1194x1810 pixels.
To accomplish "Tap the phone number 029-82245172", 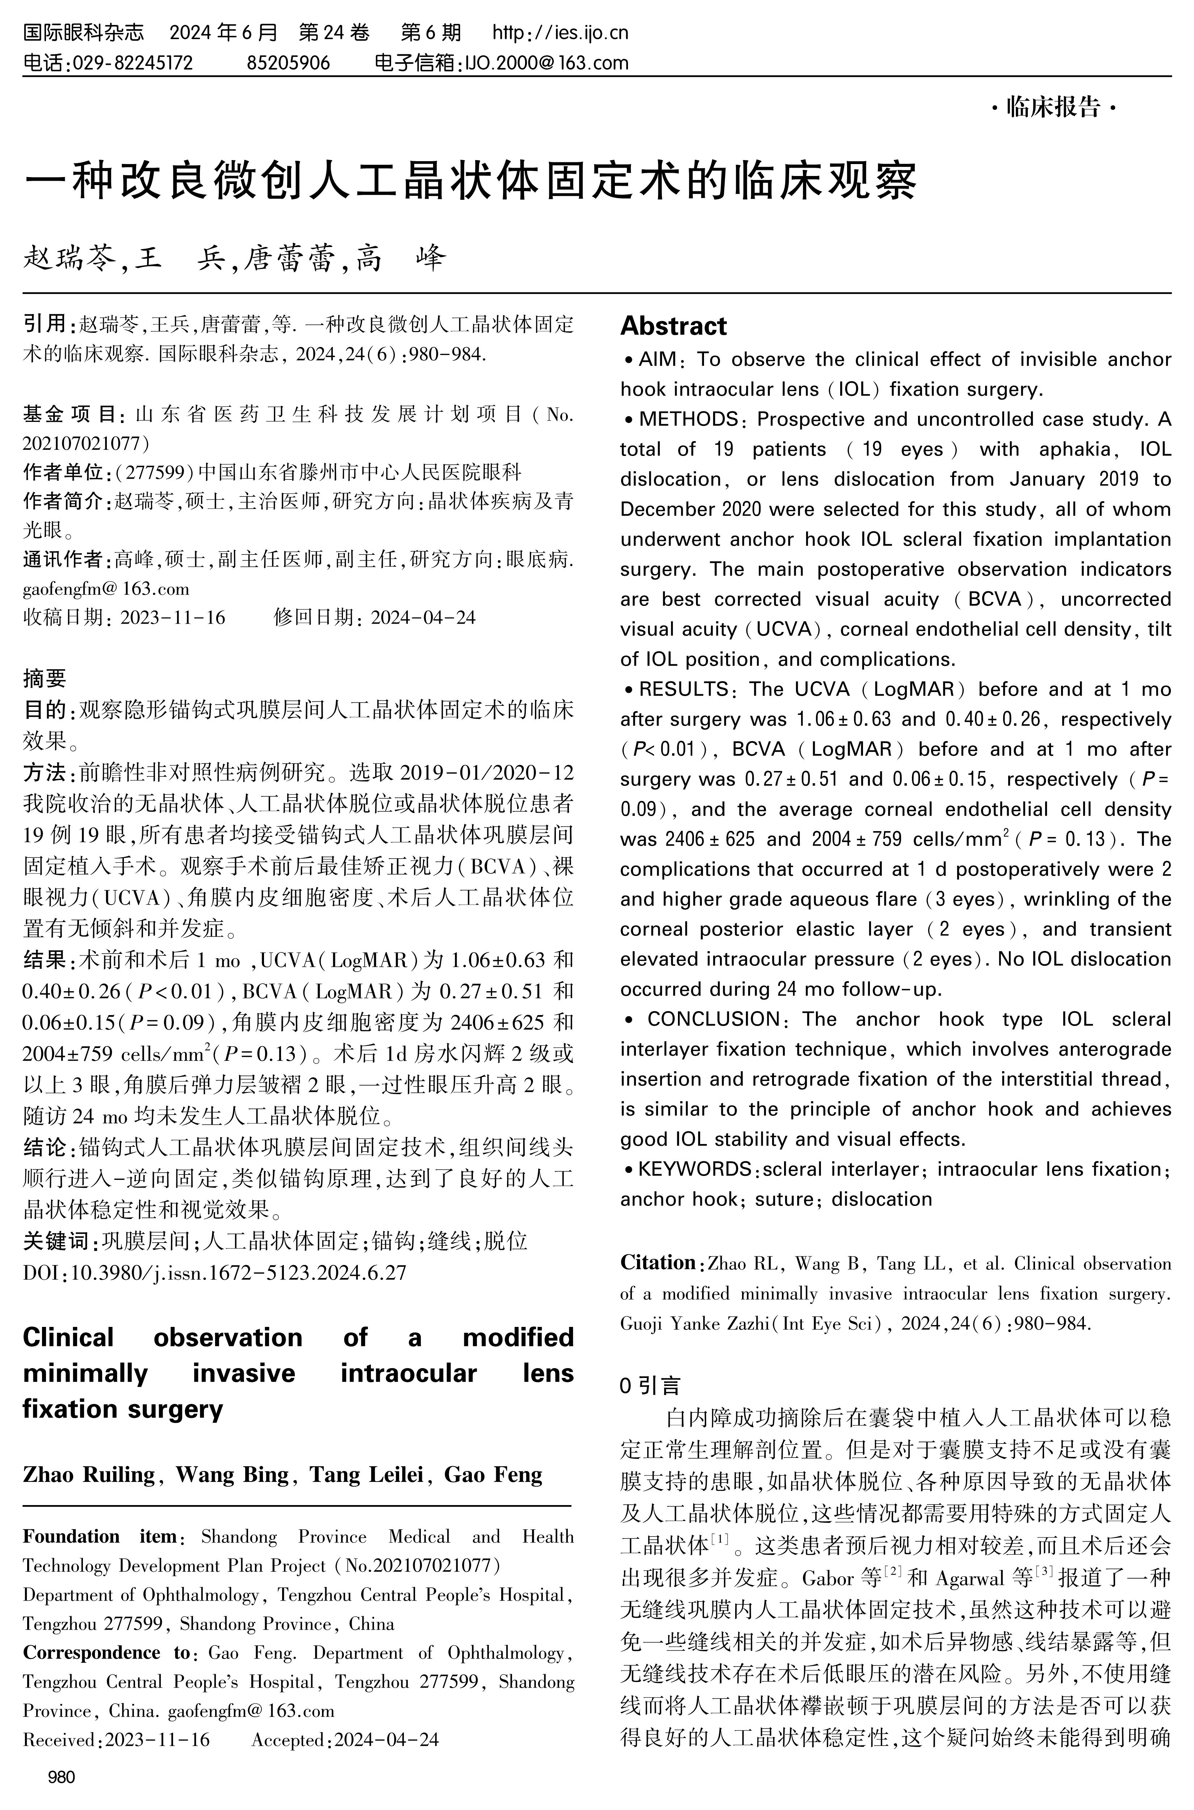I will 131,62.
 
